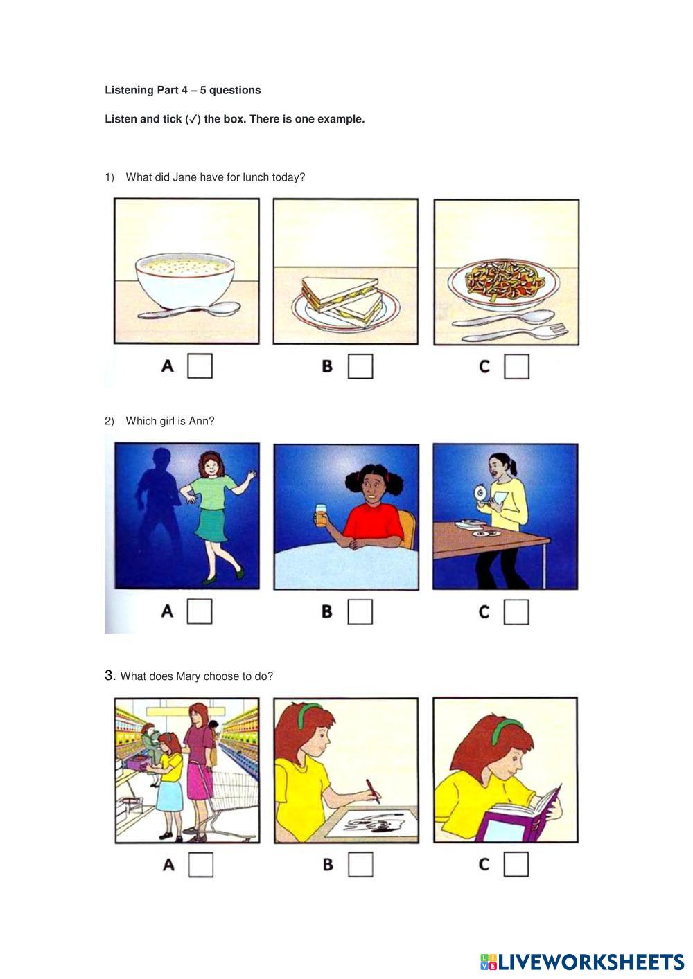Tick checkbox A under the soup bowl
(x=200, y=366)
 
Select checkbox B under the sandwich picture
(x=360, y=366)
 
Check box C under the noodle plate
(x=517, y=366)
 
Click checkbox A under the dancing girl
(x=200, y=611)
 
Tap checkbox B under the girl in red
(x=360, y=611)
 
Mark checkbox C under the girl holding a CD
(x=516, y=611)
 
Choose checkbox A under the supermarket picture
(x=201, y=865)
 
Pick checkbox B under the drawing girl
(x=361, y=864)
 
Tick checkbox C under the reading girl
(x=516, y=863)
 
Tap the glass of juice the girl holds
(x=321, y=515)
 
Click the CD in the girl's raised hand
(x=480, y=494)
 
